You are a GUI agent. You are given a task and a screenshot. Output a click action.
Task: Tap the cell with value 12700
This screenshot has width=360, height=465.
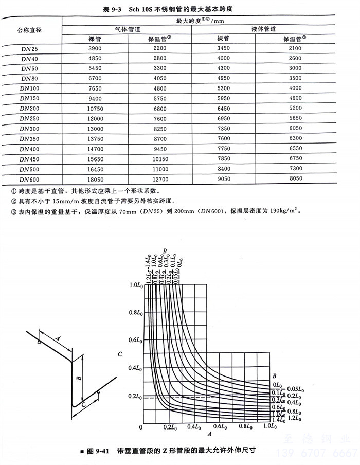pos(160,180)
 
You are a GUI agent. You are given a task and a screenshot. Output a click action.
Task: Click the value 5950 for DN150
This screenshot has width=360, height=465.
pos(225,99)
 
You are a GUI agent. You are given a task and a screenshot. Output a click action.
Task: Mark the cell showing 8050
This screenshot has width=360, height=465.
pos(295,180)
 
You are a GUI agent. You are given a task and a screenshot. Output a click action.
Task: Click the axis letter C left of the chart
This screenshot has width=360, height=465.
pos(119,354)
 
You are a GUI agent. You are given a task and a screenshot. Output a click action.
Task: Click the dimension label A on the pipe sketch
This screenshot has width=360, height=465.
pos(58,338)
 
